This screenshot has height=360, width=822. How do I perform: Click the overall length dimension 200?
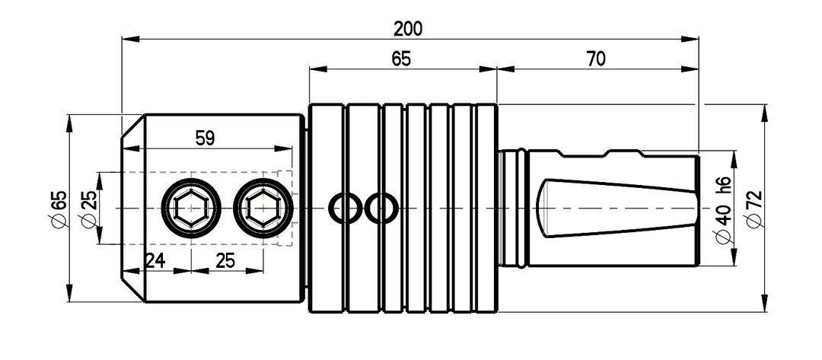(x=408, y=29)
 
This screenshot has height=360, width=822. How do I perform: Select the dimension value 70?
(x=596, y=59)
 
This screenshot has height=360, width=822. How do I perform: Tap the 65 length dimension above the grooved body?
(x=401, y=59)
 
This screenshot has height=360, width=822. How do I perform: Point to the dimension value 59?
(x=205, y=139)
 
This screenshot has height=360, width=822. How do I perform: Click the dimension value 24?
(x=155, y=260)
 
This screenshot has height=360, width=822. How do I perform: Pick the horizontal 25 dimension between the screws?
(x=225, y=260)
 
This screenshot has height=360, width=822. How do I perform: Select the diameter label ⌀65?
(x=59, y=208)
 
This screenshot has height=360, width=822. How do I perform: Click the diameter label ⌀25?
(x=88, y=208)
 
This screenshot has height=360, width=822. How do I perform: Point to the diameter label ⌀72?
(x=753, y=208)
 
